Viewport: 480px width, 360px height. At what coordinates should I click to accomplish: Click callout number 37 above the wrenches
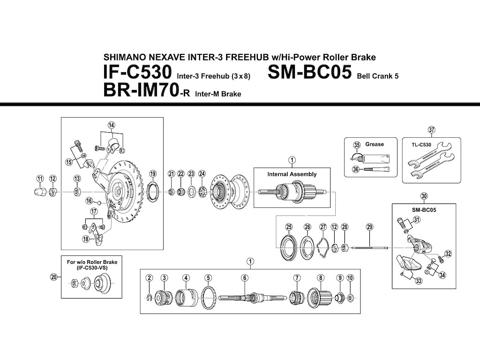click(431, 130)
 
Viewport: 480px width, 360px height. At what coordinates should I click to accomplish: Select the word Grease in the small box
click(375, 144)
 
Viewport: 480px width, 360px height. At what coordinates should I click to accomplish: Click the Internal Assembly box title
click(292, 174)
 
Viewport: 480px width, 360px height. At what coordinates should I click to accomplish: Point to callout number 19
click(153, 174)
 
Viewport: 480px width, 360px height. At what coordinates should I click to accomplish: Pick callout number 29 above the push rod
click(369, 227)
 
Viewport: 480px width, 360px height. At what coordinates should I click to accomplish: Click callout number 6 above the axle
click(245, 277)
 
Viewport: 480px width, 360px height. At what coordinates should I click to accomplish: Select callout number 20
click(53, 277)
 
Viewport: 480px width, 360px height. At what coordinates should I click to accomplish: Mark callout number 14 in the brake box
click(111, 125)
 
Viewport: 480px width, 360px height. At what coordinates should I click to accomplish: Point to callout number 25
click(289, 227)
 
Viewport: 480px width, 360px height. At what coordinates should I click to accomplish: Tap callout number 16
click(89, 201)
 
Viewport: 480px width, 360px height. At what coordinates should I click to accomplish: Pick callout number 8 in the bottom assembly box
click(321, 277)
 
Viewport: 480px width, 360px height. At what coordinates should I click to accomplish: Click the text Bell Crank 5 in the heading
click(377, 76)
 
